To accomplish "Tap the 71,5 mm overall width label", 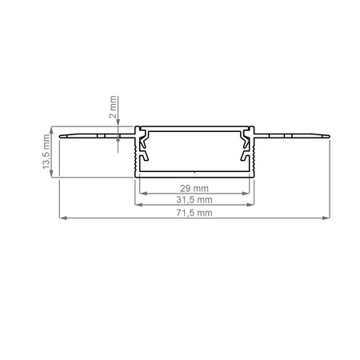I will coord(194,213).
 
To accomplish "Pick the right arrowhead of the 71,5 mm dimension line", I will coord(326,218).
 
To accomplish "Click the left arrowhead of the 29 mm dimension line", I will coord(142,191).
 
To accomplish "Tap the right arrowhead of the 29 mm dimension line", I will coord(248,191).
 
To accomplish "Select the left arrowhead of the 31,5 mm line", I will coord(136,204).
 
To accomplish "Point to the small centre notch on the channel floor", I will coord(194,170).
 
